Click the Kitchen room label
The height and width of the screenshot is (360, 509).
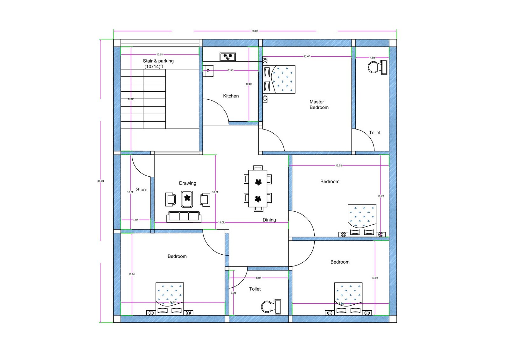[231, 96]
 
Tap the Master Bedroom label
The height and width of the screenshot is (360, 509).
[319, 104]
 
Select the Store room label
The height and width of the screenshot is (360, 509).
[142, 190]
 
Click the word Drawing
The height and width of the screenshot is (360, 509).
[187, 183]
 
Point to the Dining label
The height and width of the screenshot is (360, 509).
[269, 220]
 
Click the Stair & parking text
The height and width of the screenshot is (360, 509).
[158, 61]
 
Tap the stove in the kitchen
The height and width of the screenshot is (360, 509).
[227, 57]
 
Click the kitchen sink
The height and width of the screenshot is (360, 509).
[209, 71]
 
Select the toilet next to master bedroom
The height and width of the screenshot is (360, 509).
[377, 67]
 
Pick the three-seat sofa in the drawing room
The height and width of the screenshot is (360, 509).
[184, 217]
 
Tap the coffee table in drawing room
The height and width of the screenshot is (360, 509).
[187, 199]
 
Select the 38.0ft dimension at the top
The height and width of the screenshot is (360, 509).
[254, 31]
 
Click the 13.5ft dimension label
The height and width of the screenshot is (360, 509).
[338, 166]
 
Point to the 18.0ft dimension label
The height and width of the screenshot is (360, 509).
[221, 222]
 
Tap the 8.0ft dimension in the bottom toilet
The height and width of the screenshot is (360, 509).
[258, 278]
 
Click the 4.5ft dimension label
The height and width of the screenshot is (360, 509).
[372, 58]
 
